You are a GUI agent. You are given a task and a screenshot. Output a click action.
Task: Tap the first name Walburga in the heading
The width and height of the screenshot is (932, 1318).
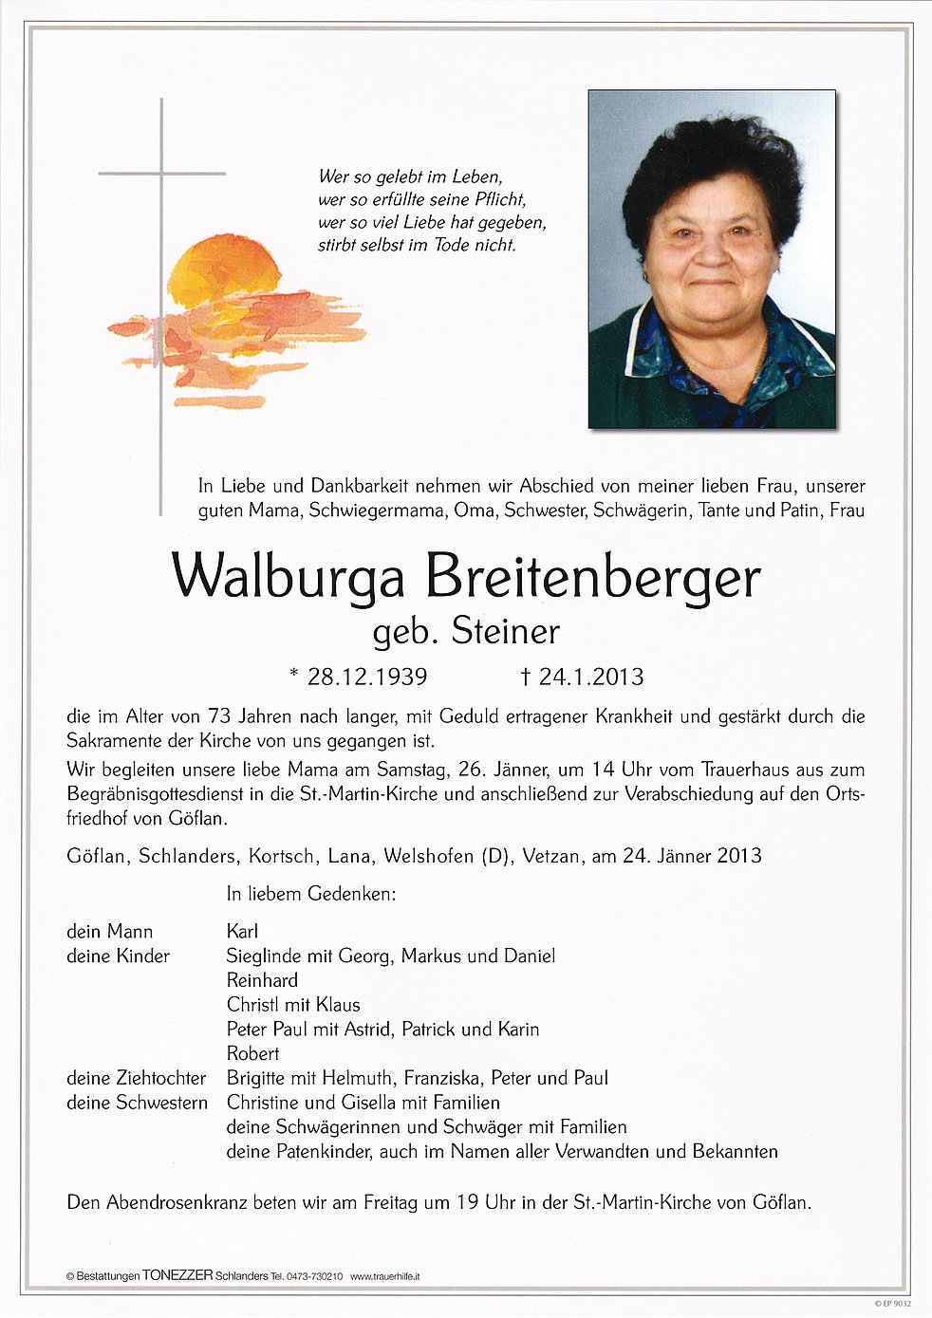tap(288, 577)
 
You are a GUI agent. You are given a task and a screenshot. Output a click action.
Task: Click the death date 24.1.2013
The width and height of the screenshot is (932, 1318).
tap(591, 677)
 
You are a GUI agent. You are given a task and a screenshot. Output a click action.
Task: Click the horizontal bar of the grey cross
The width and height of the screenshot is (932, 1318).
tap(162, 174)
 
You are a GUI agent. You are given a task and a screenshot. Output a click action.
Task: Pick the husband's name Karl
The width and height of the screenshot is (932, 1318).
tap(242, 932)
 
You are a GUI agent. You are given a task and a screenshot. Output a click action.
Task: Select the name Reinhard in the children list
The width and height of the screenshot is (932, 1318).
tap(262, 980)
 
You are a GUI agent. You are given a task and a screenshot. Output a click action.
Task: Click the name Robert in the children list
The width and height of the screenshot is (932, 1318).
tap(252, 1053)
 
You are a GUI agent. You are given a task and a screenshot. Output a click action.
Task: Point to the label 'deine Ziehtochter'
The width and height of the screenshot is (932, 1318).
tap(136, 1078)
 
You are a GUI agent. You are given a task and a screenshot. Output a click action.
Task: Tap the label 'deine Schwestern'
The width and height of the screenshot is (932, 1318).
tap(137, 1103)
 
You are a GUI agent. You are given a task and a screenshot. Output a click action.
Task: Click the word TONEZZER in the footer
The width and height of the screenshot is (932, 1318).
tap(177, 1276)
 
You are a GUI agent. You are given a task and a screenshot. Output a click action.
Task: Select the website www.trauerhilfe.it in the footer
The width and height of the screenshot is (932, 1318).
tap(385, 1277)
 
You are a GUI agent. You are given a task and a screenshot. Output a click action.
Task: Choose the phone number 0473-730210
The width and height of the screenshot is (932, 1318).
tap(314, 1277)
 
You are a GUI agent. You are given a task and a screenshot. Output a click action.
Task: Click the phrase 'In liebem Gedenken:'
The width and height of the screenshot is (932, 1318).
tap(310, 893)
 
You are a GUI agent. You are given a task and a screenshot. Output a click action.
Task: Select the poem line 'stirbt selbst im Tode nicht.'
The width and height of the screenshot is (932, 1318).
tap(417, 245)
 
